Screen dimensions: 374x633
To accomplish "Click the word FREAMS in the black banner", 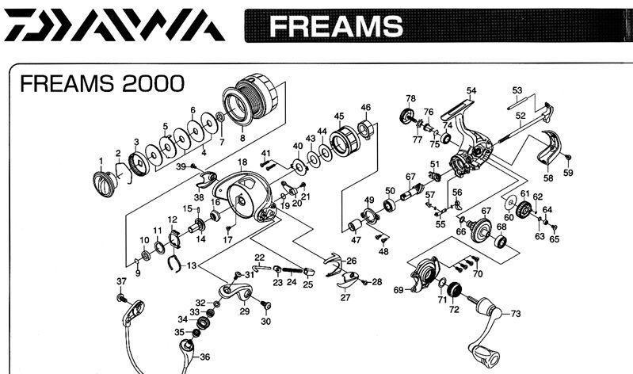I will (x=334, y=27).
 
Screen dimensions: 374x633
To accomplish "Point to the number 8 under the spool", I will (x=242, y=137).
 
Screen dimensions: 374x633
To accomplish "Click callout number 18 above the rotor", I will (x=242, y=162).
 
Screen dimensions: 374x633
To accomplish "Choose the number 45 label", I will (x=338, y=116).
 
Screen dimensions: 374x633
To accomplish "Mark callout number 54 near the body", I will (x=471, y=90).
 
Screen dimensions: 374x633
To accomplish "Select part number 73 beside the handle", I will (x=516, y=315).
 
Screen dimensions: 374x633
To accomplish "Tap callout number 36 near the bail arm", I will (x=204, y=357).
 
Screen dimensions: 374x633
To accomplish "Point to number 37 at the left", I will (x=121, y=282).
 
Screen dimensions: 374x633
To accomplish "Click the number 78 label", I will (x=410, y=99).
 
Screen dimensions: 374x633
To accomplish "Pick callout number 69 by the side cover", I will (x=398, y=290).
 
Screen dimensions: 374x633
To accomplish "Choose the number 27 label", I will (x=345, y=298).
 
